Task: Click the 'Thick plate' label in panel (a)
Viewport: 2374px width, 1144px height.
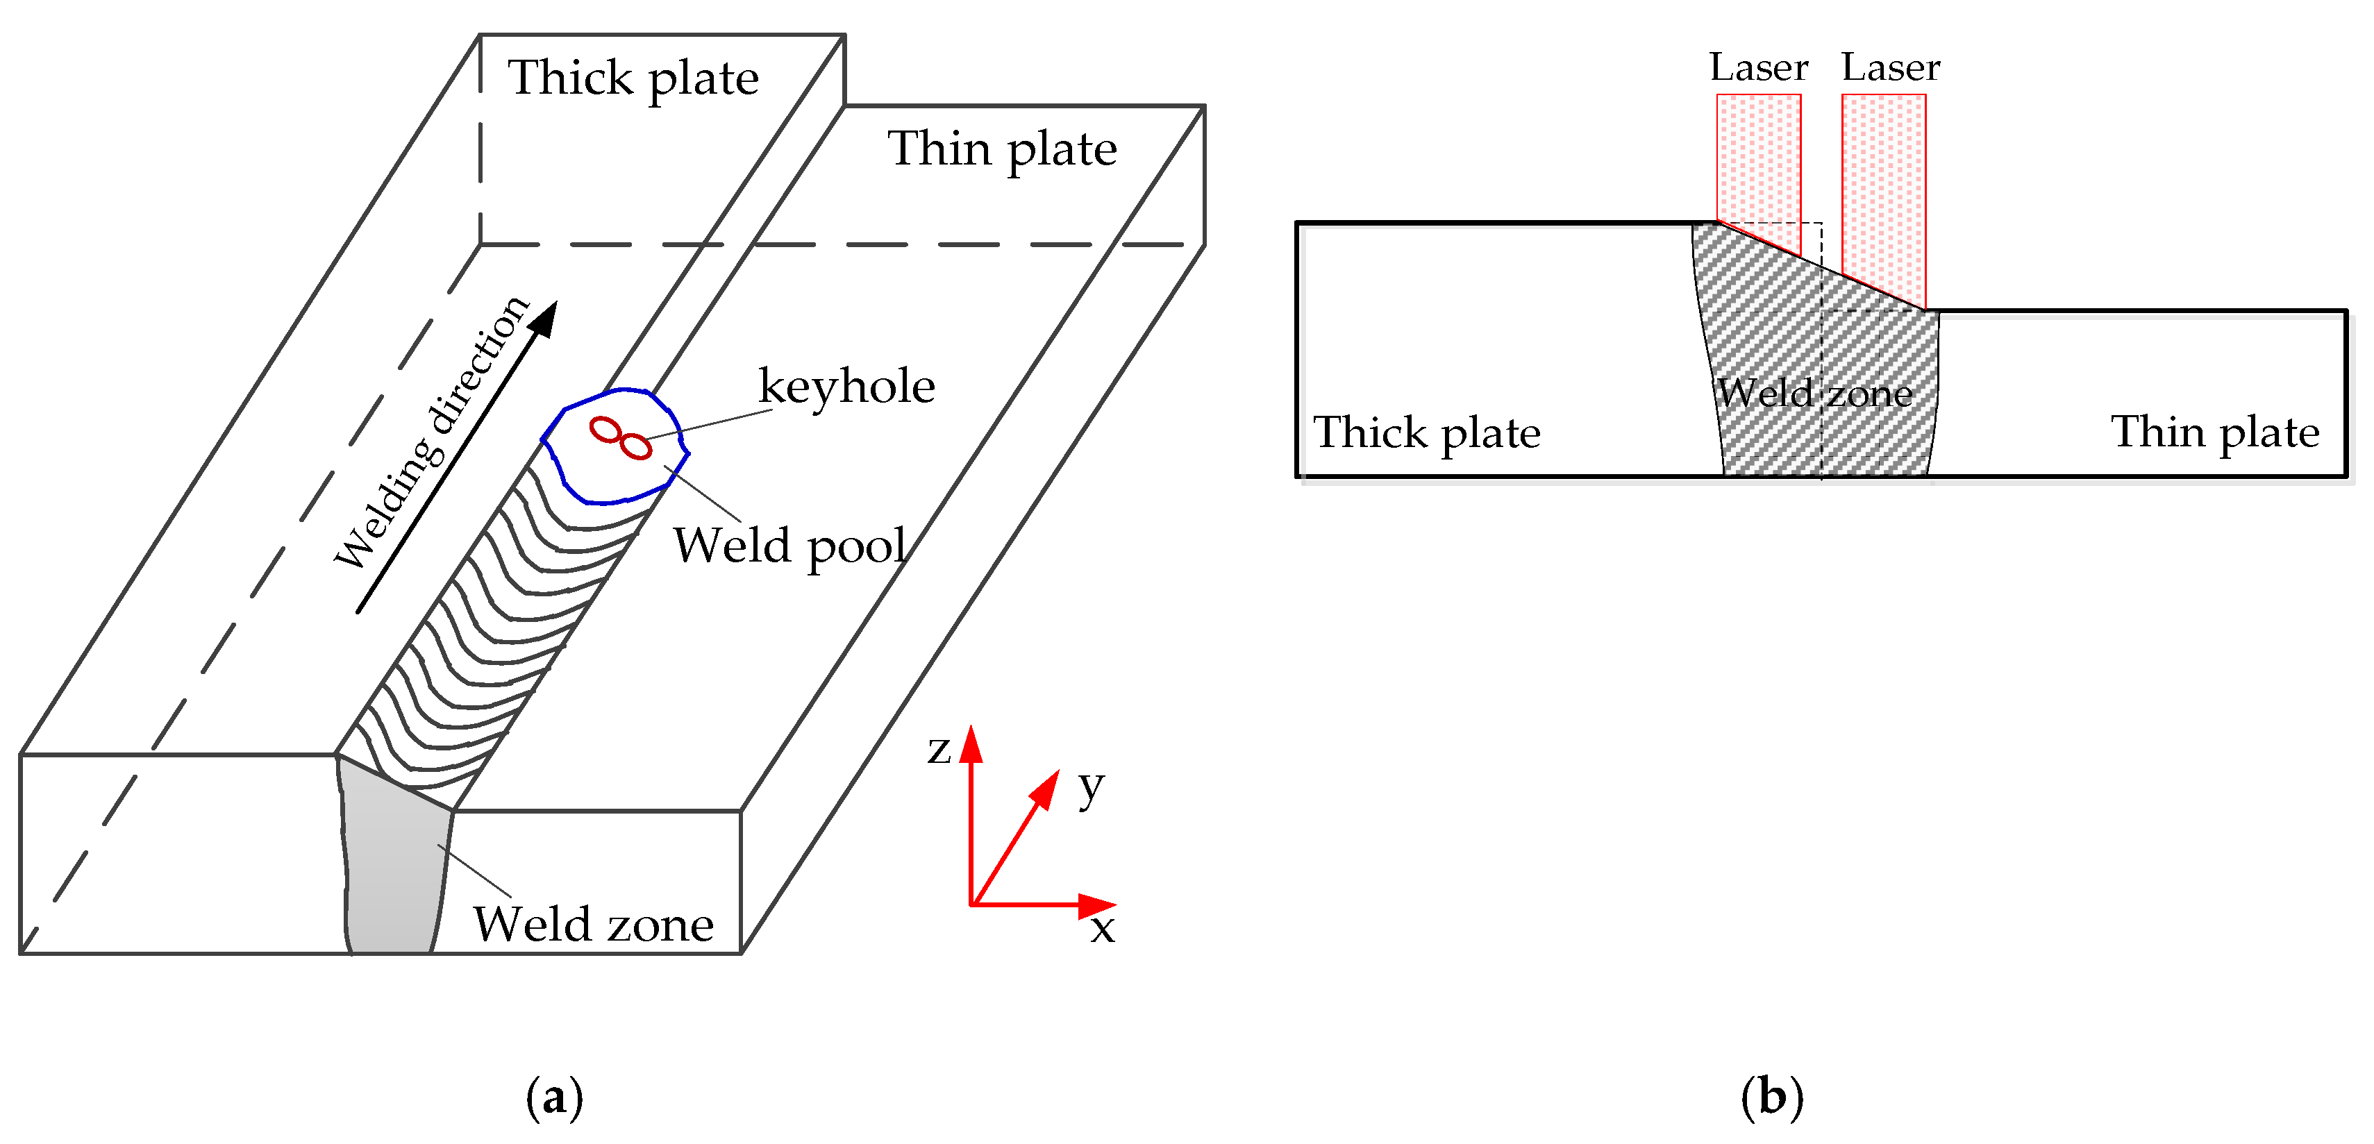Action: tap(633, 79)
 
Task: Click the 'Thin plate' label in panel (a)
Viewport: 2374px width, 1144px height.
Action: tap(1002, 150)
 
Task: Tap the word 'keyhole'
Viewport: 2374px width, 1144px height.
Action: tap(846, 387)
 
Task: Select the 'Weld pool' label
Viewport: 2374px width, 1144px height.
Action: tap(789, 546)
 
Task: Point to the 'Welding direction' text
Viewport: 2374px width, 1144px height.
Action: tap(431, 433)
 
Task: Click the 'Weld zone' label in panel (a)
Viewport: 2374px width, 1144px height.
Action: tap(594, 925)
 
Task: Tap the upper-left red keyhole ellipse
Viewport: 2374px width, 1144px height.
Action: tap(605, 429)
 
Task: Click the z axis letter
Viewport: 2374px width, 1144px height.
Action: tap(938, 750)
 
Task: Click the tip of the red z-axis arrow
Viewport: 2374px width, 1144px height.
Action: tap(971, 730)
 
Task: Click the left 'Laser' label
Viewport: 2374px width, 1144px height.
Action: tap(1758, 68)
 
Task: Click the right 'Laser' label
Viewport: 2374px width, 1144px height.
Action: tap(1890, 68)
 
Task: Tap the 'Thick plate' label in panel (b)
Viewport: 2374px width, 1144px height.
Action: tap(1427, 434)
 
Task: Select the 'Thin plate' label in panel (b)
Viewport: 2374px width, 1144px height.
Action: tap(2214, 433)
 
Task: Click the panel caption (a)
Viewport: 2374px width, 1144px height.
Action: tap(554, 1097)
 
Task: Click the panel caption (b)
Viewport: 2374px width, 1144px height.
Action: tap(1771, 1097)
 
